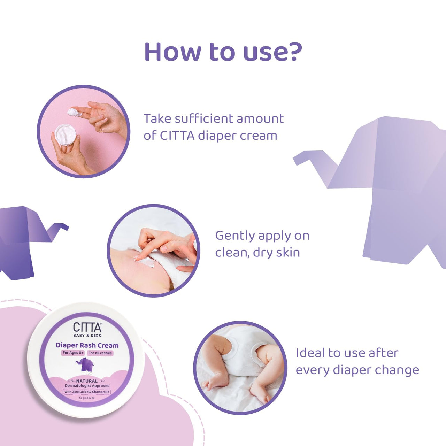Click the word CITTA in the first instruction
177,136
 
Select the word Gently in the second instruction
235,236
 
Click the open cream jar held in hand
65,134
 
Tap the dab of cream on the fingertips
74,112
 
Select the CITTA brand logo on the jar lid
87,328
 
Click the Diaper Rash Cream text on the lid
87,345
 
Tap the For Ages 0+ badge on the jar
73,353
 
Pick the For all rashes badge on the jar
100,353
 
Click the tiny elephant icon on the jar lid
84,365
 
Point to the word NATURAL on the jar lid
87,381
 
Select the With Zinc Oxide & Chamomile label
87,392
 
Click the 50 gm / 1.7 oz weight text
87,398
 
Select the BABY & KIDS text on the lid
87,336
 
